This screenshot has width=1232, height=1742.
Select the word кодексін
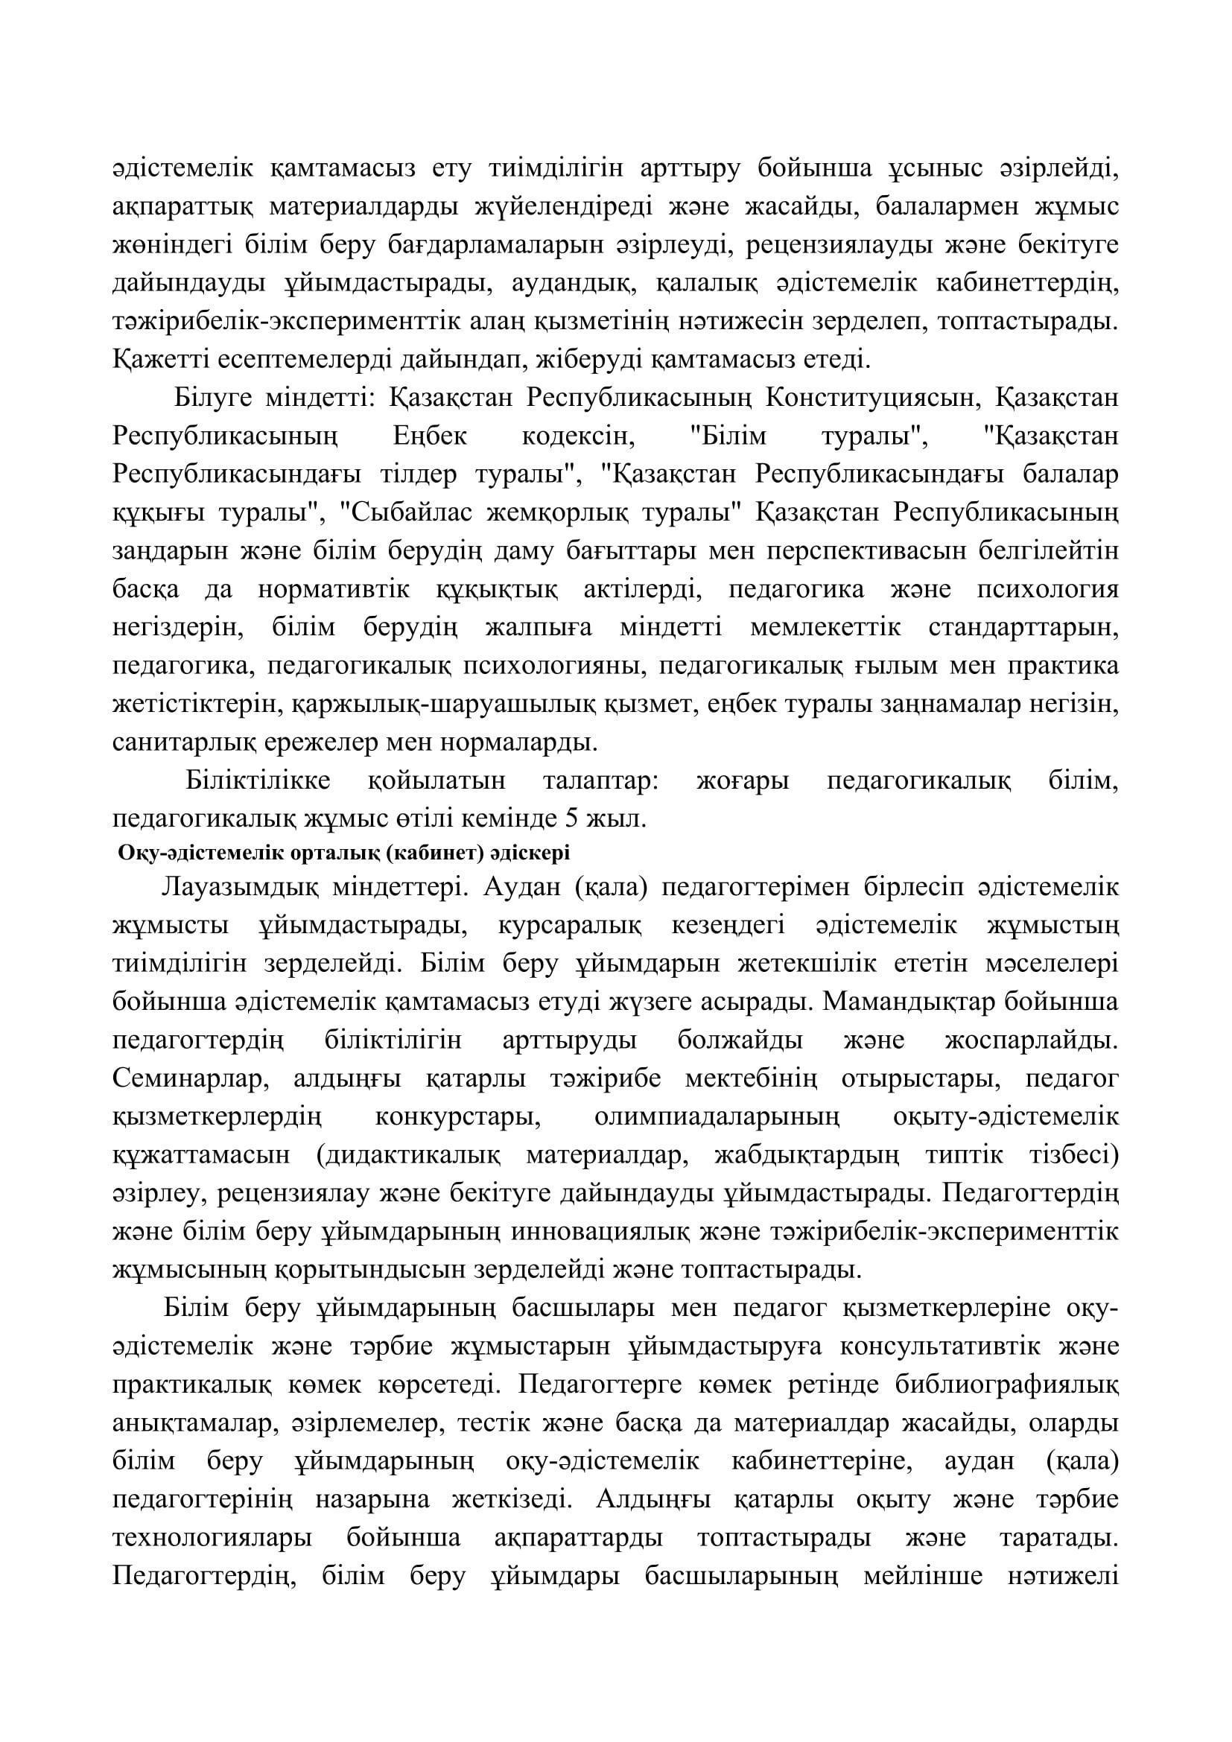point(577,437)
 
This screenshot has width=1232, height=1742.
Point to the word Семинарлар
point(191,1078)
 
